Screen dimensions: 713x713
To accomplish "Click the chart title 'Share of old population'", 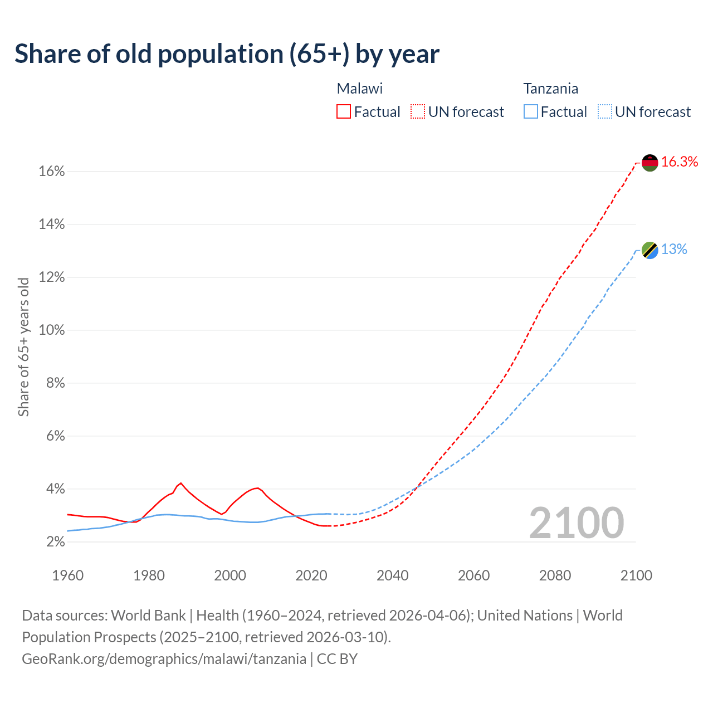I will [227, 54].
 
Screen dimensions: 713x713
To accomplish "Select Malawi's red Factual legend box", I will [344, 112].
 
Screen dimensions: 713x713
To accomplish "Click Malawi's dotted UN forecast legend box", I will [418, 112].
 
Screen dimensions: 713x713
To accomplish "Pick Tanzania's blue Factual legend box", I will [531, 112].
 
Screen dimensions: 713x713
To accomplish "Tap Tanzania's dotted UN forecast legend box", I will [605, 112].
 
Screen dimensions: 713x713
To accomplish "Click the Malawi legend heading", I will [360, 89].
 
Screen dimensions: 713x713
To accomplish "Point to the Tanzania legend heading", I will [550, 89].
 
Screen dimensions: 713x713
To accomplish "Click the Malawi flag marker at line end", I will [650, 163].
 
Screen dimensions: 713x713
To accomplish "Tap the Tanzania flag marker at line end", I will [650, 250].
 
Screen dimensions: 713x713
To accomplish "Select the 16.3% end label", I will [680, 162].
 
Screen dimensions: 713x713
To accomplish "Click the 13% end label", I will [674, 250].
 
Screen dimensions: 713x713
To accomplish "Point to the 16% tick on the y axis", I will [52, 172].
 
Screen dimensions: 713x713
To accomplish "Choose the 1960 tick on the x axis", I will [67, 575].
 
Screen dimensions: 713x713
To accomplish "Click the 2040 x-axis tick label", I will [393, 575].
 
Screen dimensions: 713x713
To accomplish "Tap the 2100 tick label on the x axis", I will [636, 575].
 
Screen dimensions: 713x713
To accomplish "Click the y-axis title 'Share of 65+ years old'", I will [23, 346].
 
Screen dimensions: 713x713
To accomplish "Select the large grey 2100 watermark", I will [577, 523].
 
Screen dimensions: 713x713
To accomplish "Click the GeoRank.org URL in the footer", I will [164, 659].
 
